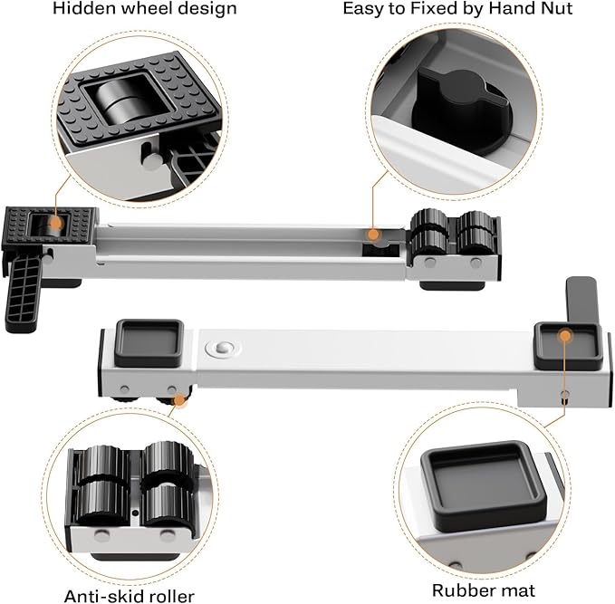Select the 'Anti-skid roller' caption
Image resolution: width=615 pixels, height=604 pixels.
point(129,595)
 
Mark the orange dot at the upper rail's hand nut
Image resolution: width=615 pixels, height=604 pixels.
point(372,235)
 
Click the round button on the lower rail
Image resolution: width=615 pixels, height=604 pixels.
point(223,349)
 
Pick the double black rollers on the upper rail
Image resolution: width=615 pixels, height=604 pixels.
point(451,237)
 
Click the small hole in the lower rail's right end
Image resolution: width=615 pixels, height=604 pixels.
point(566,395)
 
